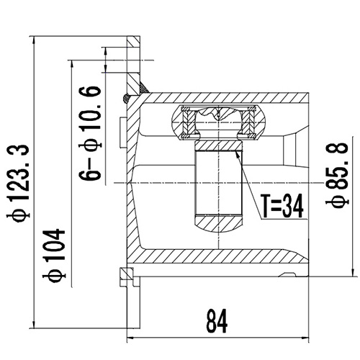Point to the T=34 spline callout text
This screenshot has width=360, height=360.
[279, 206]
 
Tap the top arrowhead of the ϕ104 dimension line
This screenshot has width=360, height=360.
[72, 62]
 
